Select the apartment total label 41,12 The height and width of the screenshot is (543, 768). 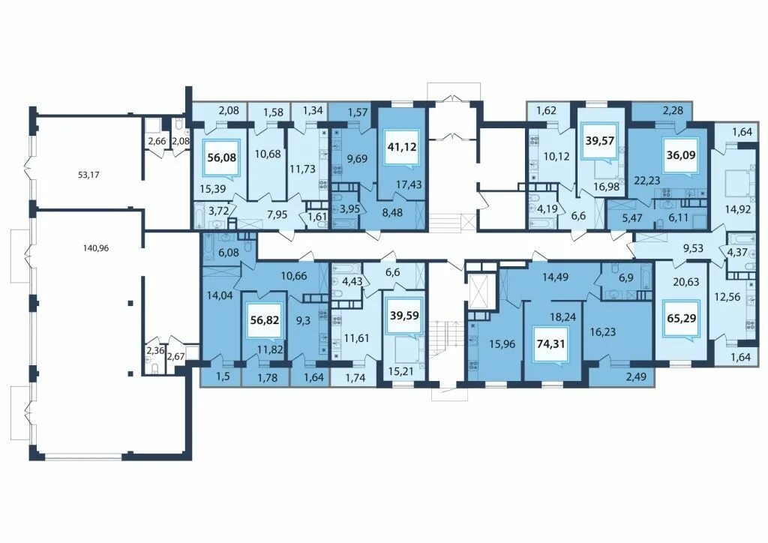tap(402, 146)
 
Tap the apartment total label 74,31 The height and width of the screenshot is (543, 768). tap(551, 343)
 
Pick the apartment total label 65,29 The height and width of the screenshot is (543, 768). tap(681, 318)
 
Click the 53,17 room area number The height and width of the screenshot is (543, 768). tap(88, 174)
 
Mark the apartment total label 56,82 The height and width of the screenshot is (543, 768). tap(265, 320)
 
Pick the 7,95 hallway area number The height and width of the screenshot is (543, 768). tap(277, 214)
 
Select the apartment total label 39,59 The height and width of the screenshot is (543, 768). tap(404, 315)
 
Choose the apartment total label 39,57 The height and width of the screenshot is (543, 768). tap(599, 140)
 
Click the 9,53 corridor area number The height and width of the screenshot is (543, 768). tap(693, 248)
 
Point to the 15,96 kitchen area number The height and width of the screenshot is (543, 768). tap(502, 344)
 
